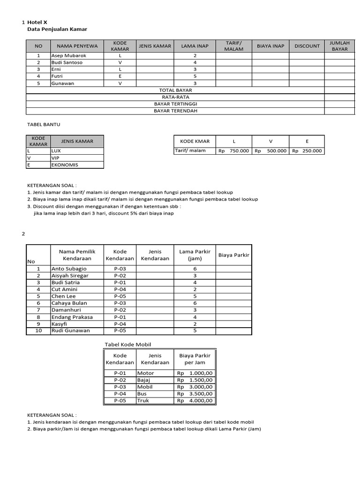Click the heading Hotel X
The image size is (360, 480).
point(37,22)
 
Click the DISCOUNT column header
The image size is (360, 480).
point(307,46)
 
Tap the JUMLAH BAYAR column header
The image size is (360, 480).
point(340,46)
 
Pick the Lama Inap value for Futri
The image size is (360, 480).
point(195,76)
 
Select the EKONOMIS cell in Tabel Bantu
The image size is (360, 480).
point(65,165)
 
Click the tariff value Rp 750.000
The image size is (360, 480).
point(233,151)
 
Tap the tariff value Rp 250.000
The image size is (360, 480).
point(307,151)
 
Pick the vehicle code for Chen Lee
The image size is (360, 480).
point(120,296)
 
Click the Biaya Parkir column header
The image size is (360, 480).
point(234,255)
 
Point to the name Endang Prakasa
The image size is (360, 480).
point(72,317)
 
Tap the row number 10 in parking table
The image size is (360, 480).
point(38,330)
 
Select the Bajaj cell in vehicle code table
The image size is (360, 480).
point(142,380)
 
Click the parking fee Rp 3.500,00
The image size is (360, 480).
point(195,394)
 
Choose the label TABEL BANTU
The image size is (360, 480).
point(44,125)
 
